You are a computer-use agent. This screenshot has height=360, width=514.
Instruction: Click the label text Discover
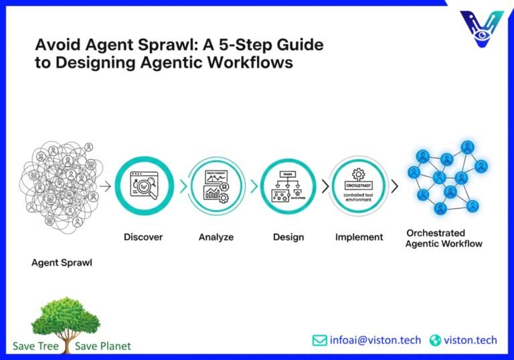[x=143, y=237]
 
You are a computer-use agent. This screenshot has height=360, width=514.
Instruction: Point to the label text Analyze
[x=217, y=237]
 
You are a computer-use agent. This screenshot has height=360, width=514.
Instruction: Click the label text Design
[x=288, y=237]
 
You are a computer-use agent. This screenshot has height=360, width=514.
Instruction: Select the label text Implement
[x=359, y=237]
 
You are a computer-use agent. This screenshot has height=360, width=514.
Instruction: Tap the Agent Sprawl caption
[x=62, y=262]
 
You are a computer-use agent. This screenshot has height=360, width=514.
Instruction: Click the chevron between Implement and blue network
[x=395, y=187]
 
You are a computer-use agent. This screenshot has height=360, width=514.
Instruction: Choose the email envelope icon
[x=320, y=340]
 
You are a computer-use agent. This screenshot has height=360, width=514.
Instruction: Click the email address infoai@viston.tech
[x=375, y=340]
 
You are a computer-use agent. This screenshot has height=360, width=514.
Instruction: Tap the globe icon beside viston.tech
[x=436, y=341]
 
